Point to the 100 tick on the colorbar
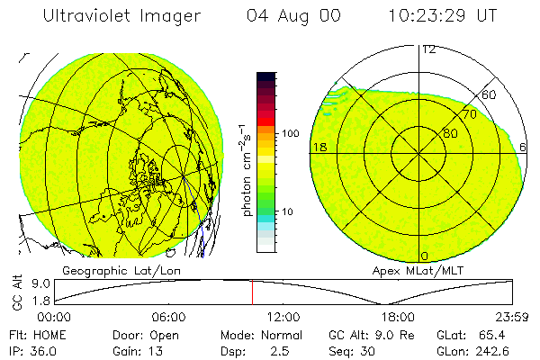click(290, 133)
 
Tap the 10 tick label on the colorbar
click(288, 212)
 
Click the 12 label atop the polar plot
click(428, 49)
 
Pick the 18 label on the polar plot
click(318, 147)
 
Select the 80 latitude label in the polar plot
click(449, 133)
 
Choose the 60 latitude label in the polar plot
click(490, 94)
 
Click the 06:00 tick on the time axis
click(169, 317)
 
